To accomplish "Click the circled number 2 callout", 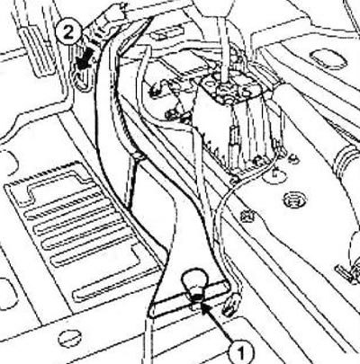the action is pos(68,32).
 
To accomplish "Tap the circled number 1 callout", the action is pos(240,354).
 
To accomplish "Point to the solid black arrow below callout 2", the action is pos(83,61).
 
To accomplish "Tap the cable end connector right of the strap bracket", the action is pos(232,304).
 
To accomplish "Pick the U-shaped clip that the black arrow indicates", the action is pos(81,78).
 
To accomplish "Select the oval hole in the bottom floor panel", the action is pos(70,339).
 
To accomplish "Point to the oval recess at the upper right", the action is pos(328,58).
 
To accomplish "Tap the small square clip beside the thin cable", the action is pos(249,215).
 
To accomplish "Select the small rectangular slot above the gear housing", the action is pos(166,34).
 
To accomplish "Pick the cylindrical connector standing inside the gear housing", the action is pos(234,141).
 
